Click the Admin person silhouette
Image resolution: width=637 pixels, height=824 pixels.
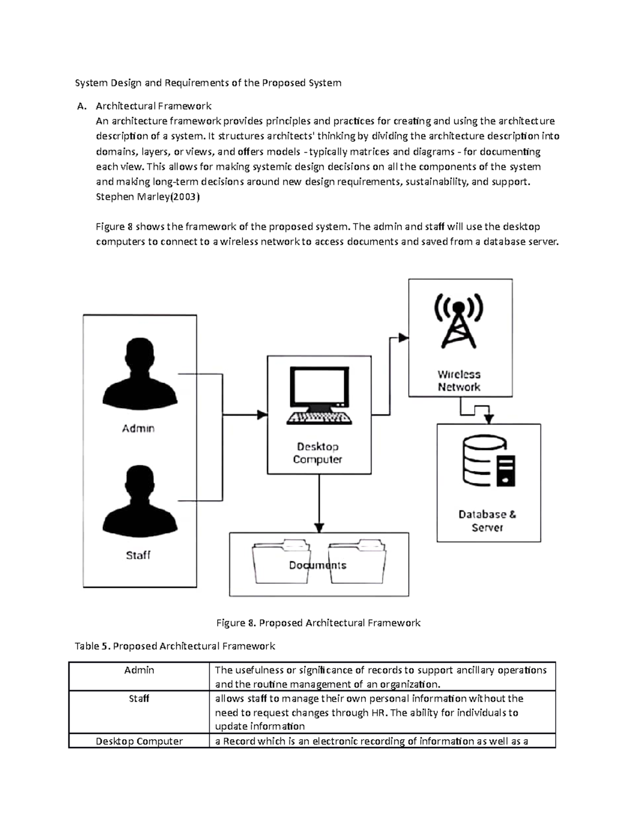click(140, 374)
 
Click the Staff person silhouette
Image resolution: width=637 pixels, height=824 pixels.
click(140, 501)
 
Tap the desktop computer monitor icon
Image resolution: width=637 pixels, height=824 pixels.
click(319, 395)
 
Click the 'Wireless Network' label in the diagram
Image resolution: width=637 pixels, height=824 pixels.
click(459, 381)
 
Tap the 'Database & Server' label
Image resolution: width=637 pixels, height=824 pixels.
click(487, 521)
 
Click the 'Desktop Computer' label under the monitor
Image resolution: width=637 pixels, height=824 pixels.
click(317, 453)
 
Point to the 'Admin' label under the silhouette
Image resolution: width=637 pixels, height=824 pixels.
click(139, 428)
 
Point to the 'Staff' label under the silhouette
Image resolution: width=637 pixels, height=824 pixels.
click(138, 555)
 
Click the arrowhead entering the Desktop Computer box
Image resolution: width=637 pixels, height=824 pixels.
click(262, 415)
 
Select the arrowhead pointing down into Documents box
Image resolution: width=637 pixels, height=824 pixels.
click(319, 528)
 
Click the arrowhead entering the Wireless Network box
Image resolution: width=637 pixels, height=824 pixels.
click(403, 338)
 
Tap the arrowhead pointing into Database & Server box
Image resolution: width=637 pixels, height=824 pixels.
click(489, 419)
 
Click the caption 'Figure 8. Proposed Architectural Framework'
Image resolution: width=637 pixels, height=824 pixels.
click(318, 623)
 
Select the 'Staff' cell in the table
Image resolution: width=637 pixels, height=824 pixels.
click(139, 699)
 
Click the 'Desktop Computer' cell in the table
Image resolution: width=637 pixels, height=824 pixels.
click(139, 741)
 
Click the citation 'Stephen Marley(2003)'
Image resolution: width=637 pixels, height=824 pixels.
click(148, 197)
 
